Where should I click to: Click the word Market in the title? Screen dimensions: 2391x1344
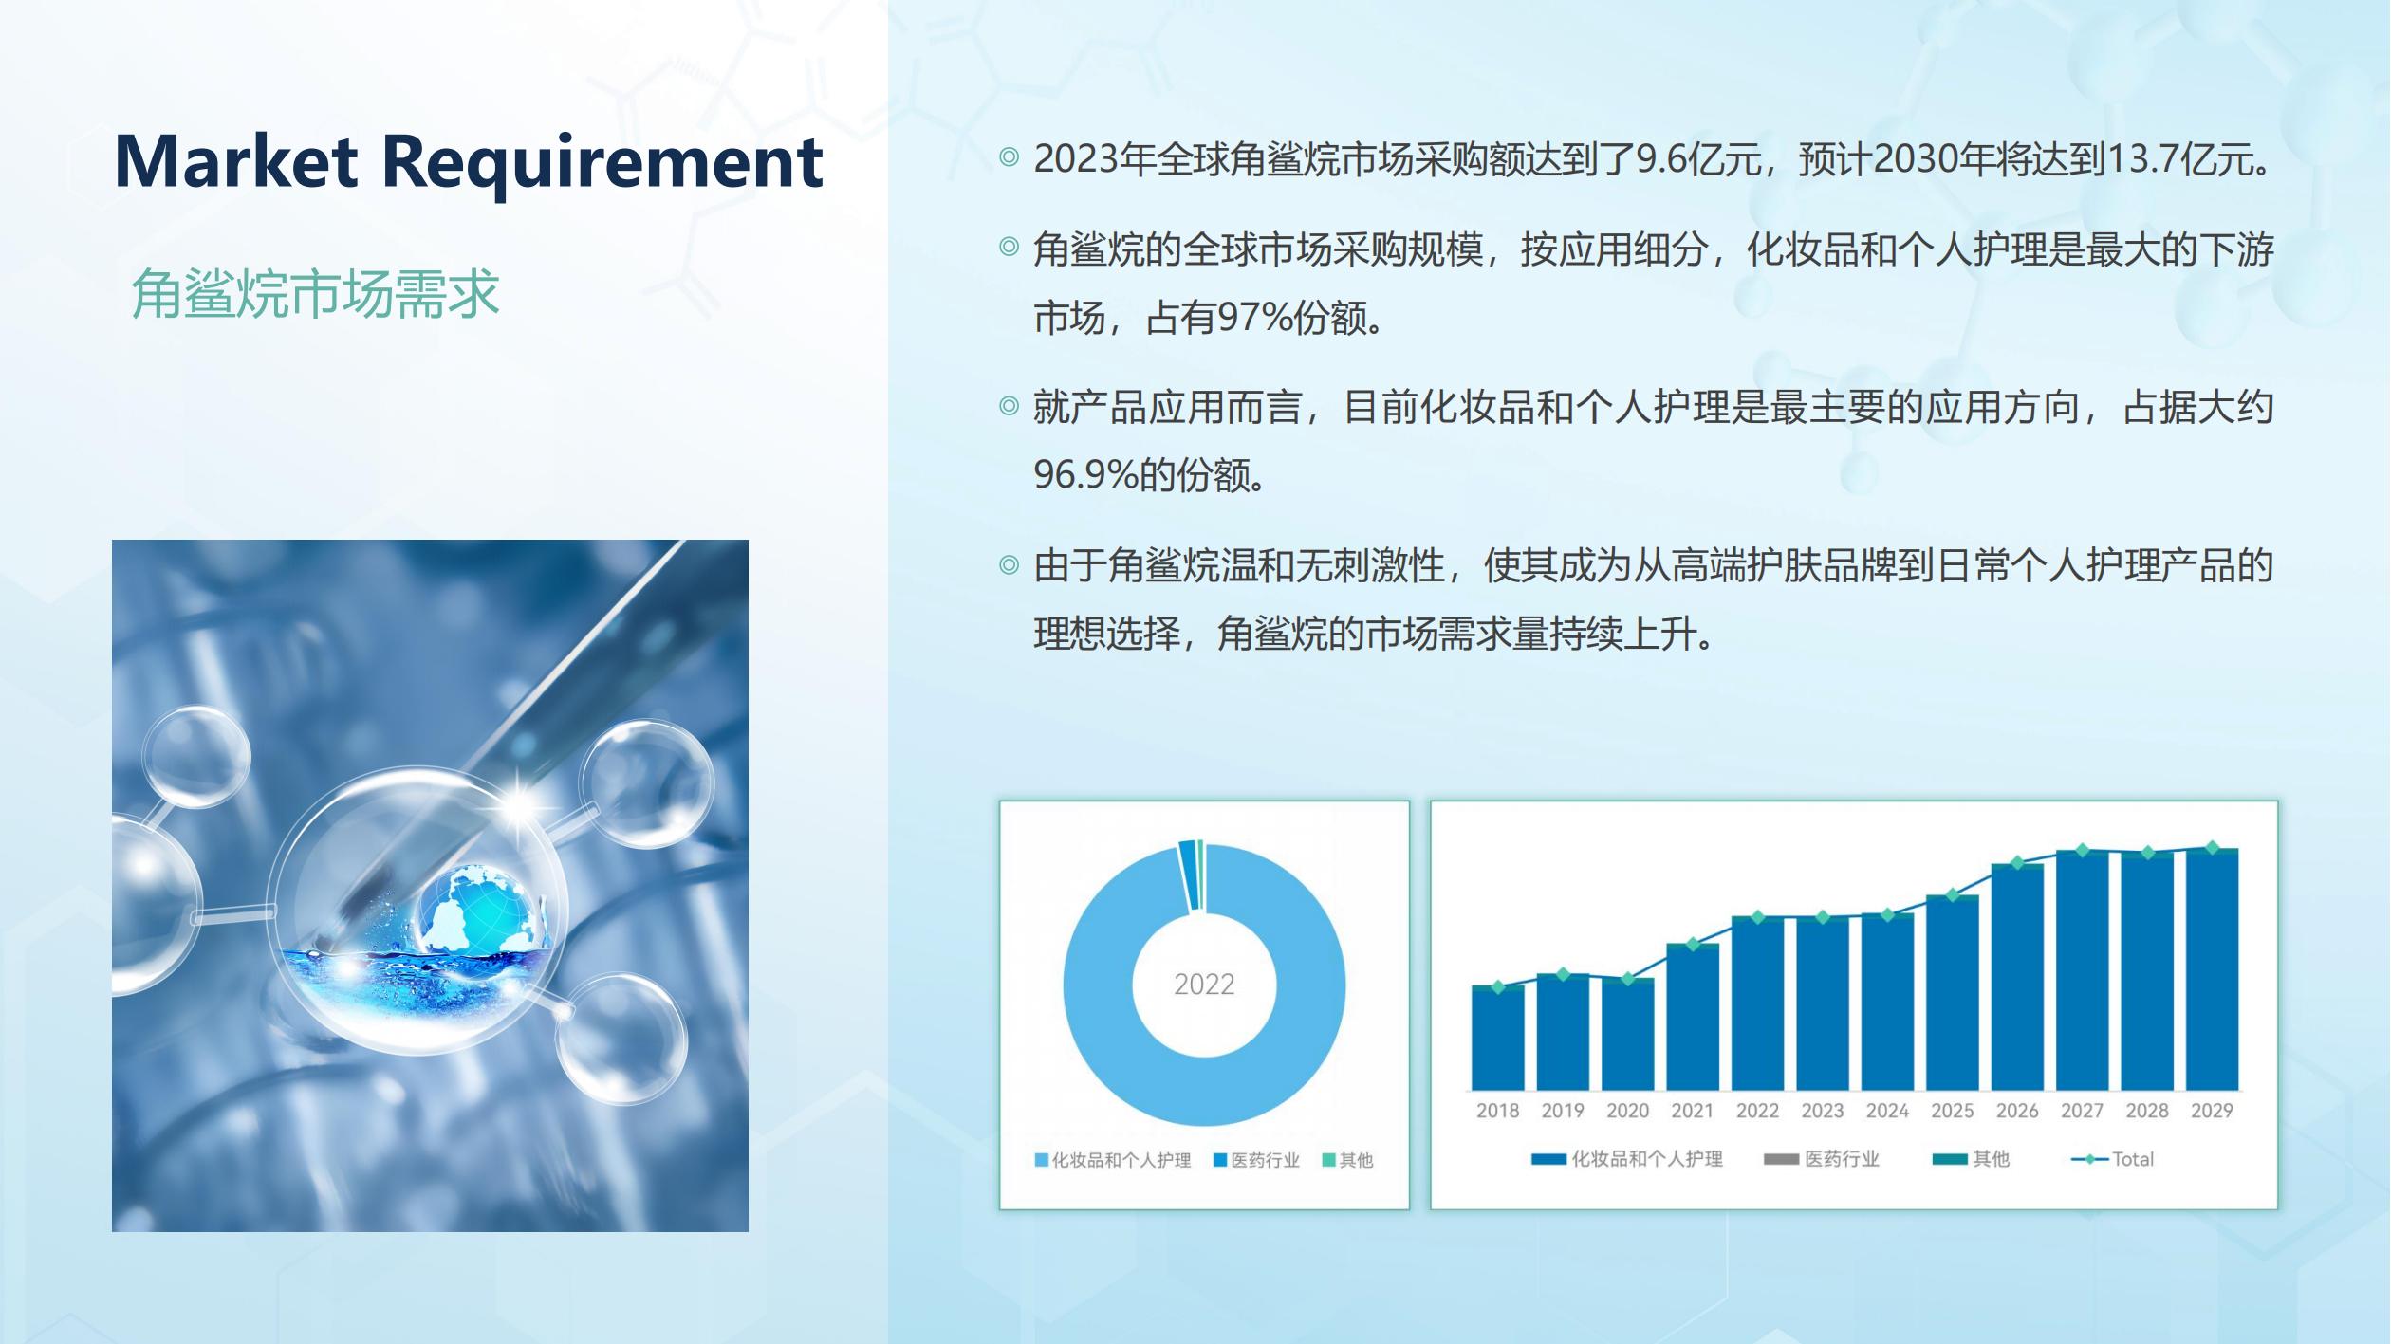(236, 161)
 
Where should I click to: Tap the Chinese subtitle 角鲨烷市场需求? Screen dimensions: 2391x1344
(315, 293)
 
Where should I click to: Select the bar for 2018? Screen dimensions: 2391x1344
(1497, 1038)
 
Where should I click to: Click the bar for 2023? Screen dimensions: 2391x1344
(1822, 1004)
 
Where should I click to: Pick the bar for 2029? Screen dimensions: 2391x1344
(2212, 969)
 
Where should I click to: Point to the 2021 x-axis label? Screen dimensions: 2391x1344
(1692, 1111)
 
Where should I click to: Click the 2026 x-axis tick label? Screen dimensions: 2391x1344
(2016, 1111)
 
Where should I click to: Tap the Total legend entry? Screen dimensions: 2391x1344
(2112, 1159)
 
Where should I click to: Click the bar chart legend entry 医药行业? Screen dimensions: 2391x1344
(1821, 1159)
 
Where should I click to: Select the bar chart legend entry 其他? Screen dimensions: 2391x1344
(1971, 1159)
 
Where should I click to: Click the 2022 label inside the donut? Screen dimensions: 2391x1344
(1204, 985)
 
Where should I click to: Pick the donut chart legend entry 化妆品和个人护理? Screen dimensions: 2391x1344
(1112, 1160)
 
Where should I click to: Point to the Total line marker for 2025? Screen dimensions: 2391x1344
(1952, 895)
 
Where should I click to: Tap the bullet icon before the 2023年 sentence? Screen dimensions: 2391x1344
(1009, 156)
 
